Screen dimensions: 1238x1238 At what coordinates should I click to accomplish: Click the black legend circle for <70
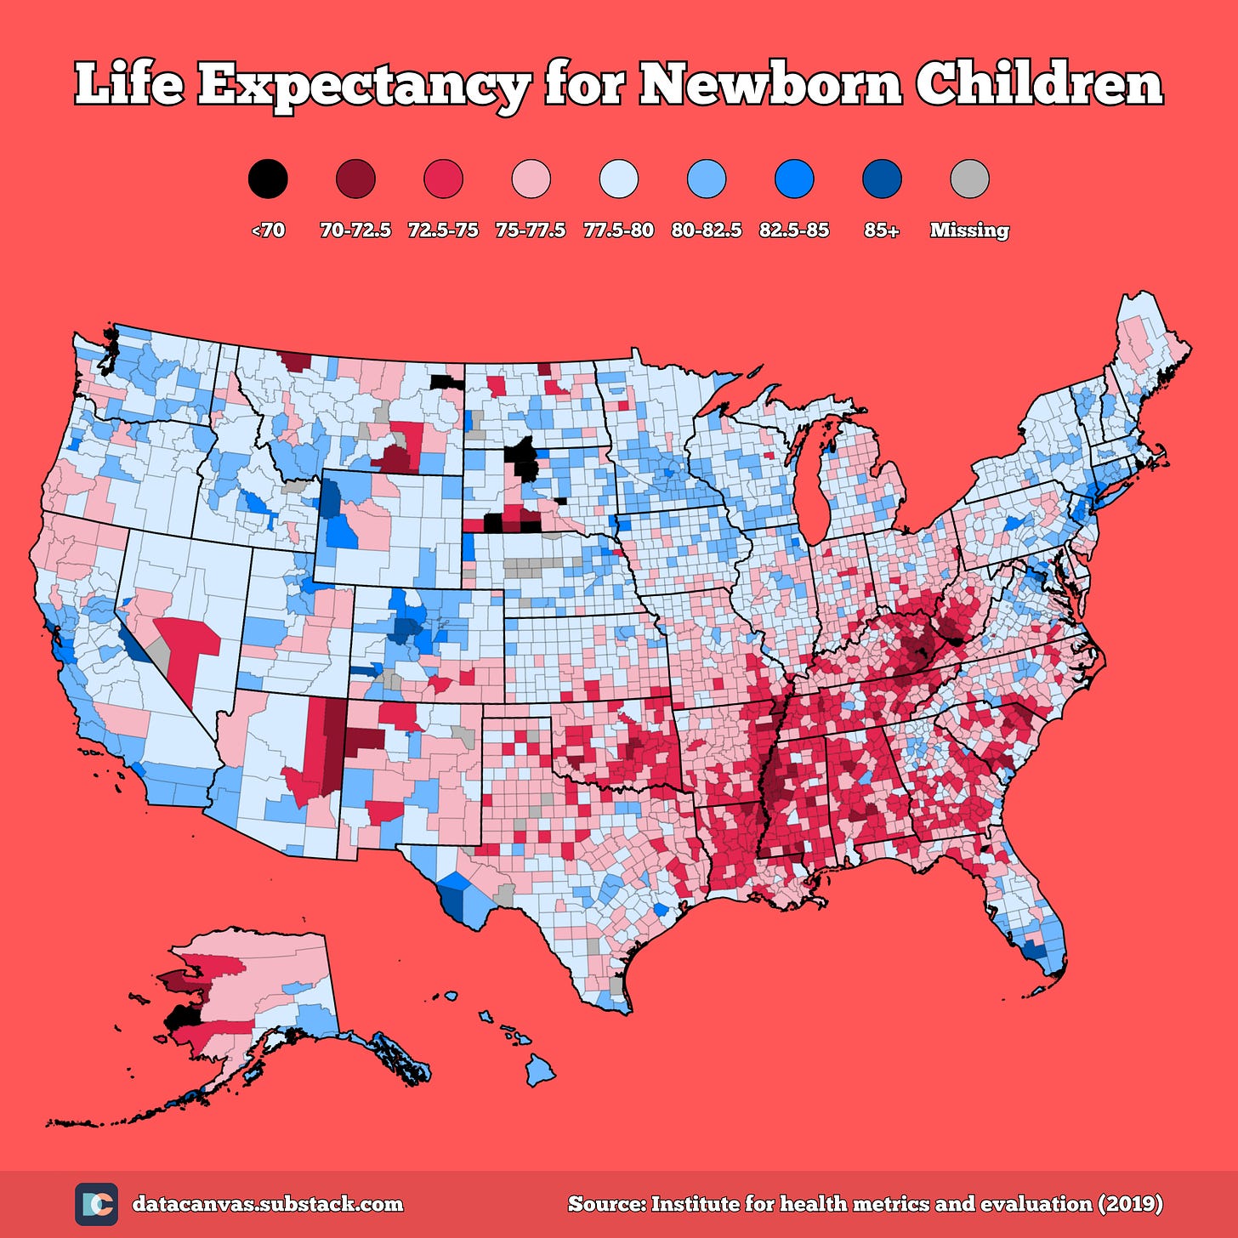pyautogui.click(x=268, y=179)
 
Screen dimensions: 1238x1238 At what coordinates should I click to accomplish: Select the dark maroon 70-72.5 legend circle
pyautogui.click(x=355, y=179)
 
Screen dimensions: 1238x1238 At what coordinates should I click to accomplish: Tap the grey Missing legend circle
pyautogui.click(x=969, y=179)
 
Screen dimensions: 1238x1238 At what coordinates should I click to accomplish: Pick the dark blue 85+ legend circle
pyautogui.click(x=882, y=179)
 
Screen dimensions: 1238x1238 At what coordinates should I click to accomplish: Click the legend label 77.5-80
pyautogui.click(x=618, y=230)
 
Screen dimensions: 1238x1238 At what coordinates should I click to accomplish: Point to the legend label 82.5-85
pyautogui.click(x=793, y=230)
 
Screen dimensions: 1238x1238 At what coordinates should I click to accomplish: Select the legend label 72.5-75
pyautogui.click(x=443, y=230)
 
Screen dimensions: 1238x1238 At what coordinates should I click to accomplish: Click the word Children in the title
pyautogui.click(x=1038, y=85)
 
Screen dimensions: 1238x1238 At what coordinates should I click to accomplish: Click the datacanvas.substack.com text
pyautogui.click(x=268, y=1204)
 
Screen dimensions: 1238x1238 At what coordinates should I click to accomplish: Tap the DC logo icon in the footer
pyautogui.click(x=96, y=1204)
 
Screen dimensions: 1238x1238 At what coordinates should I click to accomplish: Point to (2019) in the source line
pyautogui.click(x=1130, y=1204)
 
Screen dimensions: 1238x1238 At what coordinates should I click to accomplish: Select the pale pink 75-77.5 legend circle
pyautogui.click(x=531, y=179)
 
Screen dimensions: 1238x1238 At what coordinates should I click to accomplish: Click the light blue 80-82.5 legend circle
pyautogui.click(x=707, y=179)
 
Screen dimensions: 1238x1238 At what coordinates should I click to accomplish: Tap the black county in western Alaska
pyautogui.click(x=180, y=1017)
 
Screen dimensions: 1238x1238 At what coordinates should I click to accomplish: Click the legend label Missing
pyautogui.click(x=969, y=230)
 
